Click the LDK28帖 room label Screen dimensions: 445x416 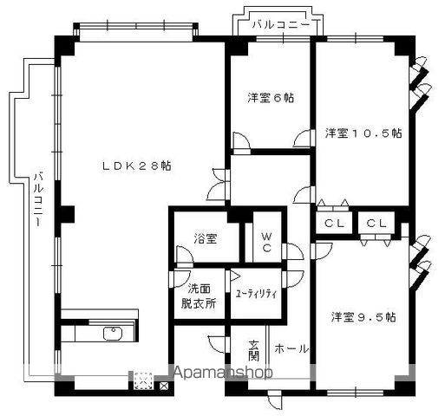point(137,166)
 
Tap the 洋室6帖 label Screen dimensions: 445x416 point(271,98)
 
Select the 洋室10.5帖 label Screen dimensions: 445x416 point(363,133)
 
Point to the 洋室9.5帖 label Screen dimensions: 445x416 point(363,317)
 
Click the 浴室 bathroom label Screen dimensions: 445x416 point(206,238)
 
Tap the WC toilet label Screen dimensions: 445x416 point(266,243)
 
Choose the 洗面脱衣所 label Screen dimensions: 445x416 point(199,296)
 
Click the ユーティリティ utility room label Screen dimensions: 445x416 point(256,294)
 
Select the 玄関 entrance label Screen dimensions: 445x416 point(253,351)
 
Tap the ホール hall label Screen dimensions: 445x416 point(291,348)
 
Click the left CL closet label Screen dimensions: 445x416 point(334,223)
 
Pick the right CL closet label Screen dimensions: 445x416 point(376,223)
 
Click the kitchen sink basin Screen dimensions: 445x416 point(113,334)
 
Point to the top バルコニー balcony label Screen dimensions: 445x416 point(281,24)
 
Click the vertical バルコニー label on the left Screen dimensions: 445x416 point(38,199)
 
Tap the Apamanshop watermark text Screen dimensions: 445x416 point(223,372)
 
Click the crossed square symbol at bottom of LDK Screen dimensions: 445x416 point(164,386)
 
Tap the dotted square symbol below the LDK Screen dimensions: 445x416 point(143,380)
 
